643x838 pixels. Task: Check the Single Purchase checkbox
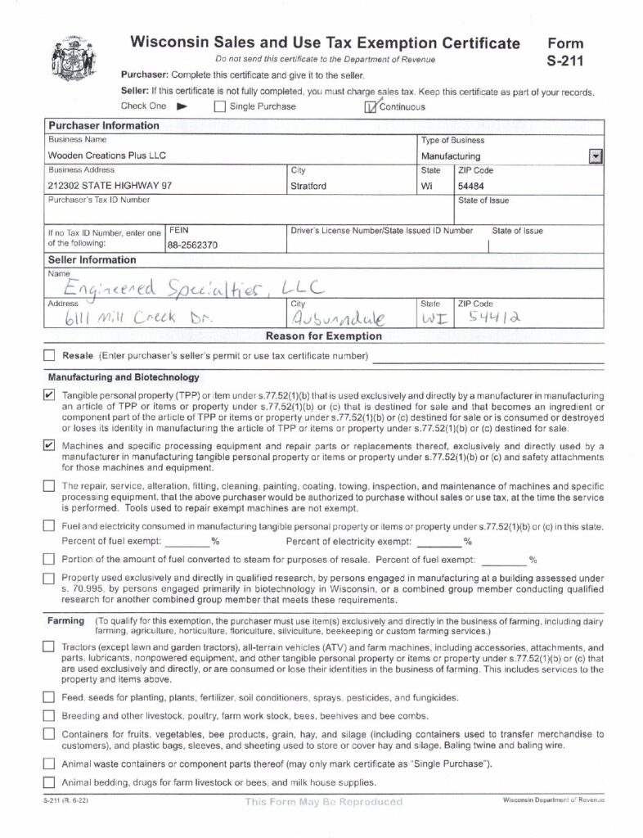(x=219, y=106)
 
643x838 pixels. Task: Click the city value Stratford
(x=308, y=186)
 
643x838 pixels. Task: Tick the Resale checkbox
(x=49, y=356)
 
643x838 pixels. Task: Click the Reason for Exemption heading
(x=324, y=336)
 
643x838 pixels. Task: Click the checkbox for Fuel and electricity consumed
(x=49, y=526)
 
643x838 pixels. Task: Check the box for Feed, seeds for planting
(x=49, y=698)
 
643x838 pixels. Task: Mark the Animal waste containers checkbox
(x=49, y=764)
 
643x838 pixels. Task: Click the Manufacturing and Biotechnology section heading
(x=123, y=377)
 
